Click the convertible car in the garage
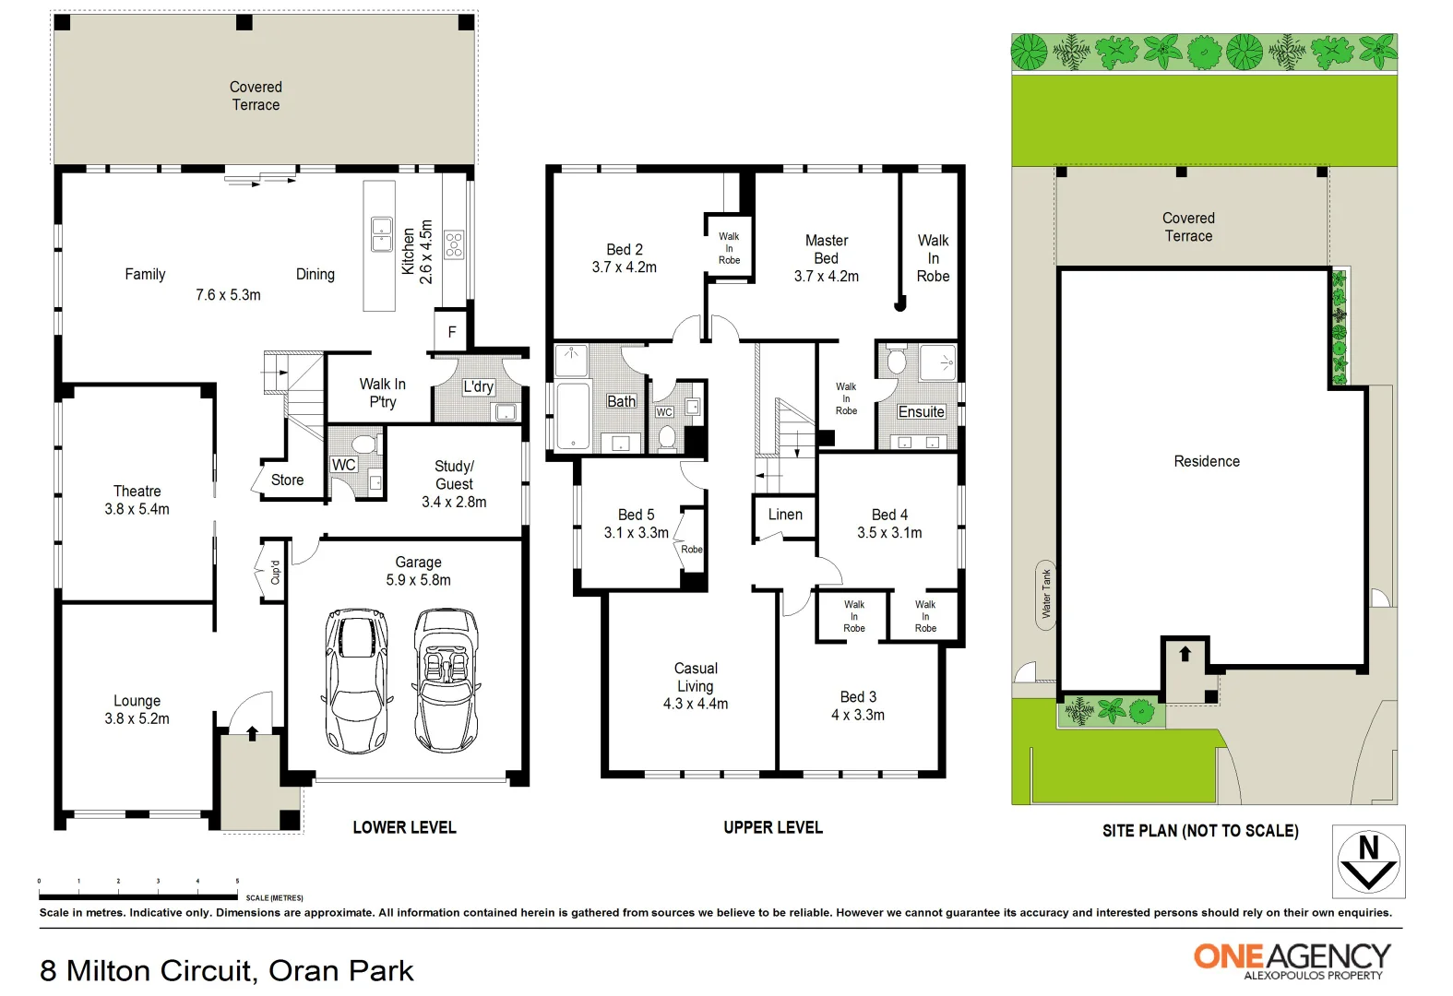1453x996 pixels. coord(447,680)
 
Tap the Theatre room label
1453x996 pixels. coord(137,492)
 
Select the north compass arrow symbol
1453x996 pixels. coord(1368,861)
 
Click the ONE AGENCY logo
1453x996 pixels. coord(1292,959)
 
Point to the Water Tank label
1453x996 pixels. coord(1046,594)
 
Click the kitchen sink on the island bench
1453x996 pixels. coord(381,234)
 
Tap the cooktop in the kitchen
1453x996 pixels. coord(454,244)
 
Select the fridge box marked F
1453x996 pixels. coord(451,332)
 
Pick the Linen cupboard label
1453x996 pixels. coord(785,515)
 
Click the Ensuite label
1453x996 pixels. coord(921,412)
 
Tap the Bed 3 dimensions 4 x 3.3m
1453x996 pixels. coord(858,715)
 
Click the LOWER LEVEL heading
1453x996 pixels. coord(404,827)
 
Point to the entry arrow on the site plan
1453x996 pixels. coord(1185,654)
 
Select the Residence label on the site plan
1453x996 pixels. coord(1207,461)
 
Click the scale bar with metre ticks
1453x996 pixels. coord(138,895)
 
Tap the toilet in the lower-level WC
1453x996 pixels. coord(365,445)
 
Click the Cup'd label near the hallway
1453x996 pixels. coord(274,573)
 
